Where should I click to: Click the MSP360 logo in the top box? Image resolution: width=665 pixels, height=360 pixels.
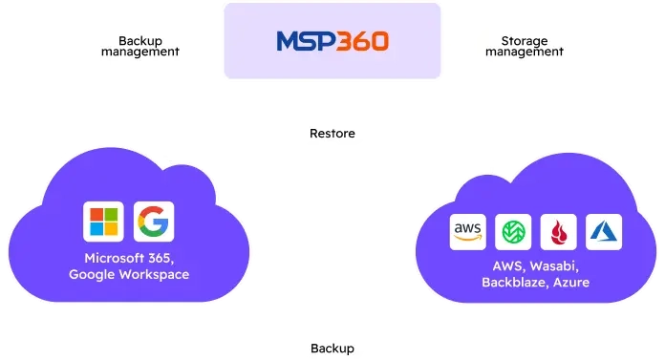pyautogui.click(x=332, y=41)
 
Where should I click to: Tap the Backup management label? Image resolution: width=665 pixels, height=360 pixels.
pyautogui.click(x=140, y=47)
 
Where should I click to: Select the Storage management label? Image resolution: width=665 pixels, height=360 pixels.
pyautogui.click(x=523, y=47)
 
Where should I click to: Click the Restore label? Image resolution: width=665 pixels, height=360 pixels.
pyautogui.click(x=332, y=134)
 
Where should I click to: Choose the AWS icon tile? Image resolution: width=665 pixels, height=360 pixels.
pyautogui.click(x=468, y=233)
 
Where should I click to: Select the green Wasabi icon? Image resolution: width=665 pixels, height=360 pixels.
pyautogui.click(x=513, y=233)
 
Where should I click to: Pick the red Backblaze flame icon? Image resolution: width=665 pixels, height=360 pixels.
pyautogui.click(x=558, y=233)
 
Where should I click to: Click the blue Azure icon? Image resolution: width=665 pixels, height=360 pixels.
pyautogui.click(x=603, y=233)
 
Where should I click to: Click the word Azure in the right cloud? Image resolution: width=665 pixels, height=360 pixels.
pyautogui.click(x=571, y=283)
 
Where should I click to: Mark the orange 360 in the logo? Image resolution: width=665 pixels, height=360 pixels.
pyautogui.click(x=362, y=41)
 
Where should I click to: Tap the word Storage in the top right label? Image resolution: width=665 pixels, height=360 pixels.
pyautogui.click(x=523, y=40)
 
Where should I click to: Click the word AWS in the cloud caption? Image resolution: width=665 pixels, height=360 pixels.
pyautogui.click(x=506, y=266)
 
